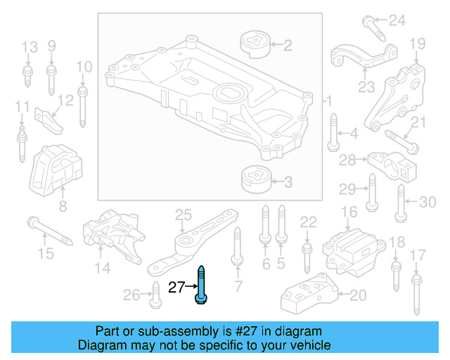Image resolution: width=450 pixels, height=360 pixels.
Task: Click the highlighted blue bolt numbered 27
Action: click(201, 285)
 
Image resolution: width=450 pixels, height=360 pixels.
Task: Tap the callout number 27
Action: click(177, 286)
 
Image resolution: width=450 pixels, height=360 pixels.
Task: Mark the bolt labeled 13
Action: click(28, 75)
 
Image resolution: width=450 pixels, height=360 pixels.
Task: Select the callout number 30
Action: click(427, 202)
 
